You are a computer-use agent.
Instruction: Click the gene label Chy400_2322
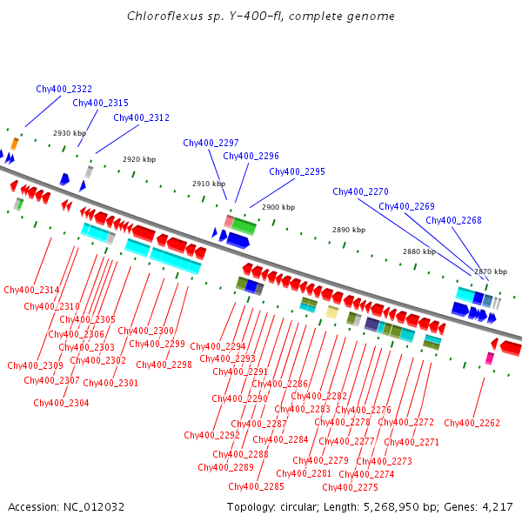click(64, 89)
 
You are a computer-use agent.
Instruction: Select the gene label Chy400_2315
click(100, 103)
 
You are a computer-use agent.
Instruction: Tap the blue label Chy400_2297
click(211, 143)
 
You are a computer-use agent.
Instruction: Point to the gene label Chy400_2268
click(453, 220)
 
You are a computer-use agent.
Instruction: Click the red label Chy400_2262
click(472, 423)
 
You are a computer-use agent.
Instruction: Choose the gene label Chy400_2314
click(31, 290)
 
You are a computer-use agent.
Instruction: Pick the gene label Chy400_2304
click(61, 403)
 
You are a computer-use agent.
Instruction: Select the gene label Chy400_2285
click(256, 486)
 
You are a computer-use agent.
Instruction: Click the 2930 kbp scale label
click(70, 133)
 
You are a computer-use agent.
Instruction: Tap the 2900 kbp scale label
click(278, 208)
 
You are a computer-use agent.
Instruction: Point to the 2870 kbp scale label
click(490, 271)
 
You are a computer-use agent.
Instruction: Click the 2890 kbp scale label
click(349, 230)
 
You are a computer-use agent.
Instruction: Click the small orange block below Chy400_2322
click(14, 144)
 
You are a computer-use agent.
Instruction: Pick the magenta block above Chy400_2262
click(490, 358)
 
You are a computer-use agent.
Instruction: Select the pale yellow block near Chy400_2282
click(331, 311)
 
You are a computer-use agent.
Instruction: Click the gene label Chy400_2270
click(360, 191)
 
